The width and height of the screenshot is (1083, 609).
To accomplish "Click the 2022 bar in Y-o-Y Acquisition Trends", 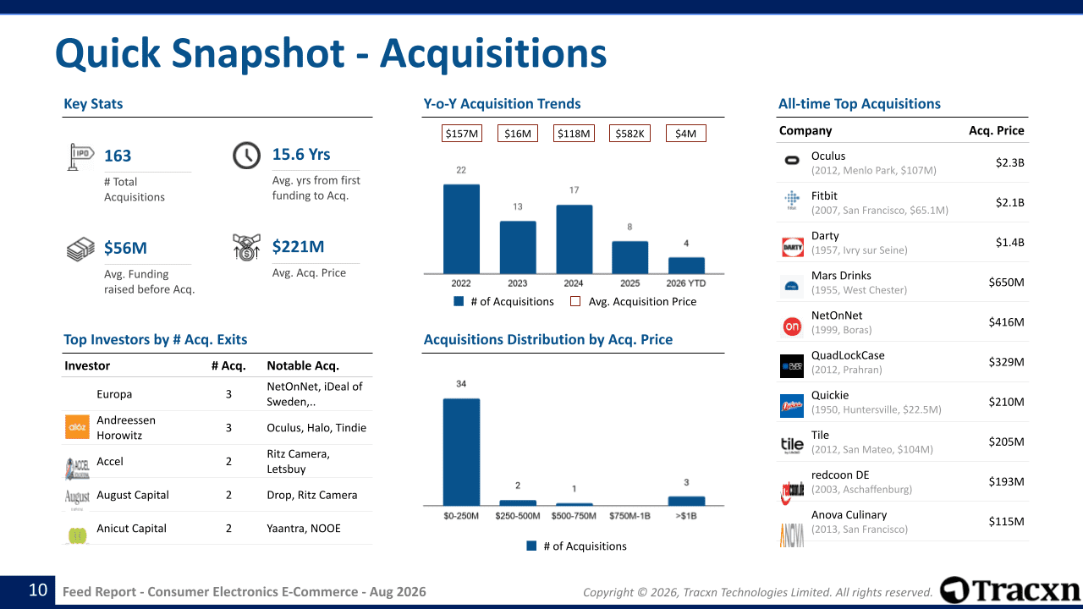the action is (461, 228).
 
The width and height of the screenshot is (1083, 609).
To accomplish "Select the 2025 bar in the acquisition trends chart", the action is (629, 257).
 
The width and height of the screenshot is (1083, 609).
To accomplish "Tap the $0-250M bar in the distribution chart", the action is (461, 452).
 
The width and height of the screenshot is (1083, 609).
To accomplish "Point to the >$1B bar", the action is (686, 501).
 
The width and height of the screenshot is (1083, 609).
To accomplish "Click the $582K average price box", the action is (629, 134).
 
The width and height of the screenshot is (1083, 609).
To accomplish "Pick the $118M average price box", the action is (574, 134).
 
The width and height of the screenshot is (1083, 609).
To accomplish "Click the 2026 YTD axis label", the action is (685, 283).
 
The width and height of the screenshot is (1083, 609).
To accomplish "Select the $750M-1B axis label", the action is (629, 516).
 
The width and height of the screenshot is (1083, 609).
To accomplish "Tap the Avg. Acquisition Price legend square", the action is (575, 302).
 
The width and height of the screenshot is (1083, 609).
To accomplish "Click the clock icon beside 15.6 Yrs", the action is (246, 155).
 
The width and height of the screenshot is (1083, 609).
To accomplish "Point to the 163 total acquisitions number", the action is (118, 156).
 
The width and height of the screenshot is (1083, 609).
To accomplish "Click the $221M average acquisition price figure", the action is (298, 246).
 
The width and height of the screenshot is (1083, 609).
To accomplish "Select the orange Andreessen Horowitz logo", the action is (77, 427).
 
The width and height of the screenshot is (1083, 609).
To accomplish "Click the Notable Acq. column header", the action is (303, 365).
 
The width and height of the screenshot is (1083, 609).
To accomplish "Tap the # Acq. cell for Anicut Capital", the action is (228, 529).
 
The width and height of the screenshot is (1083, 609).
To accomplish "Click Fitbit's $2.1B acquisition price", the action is (1009, 202).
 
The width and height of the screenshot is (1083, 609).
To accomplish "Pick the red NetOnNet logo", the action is (792, 326).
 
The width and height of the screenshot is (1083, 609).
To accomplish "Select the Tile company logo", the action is (792, 445).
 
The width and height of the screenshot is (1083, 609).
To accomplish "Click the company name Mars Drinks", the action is (841, 276).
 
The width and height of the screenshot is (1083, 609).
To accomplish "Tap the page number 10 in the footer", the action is (38, 590).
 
